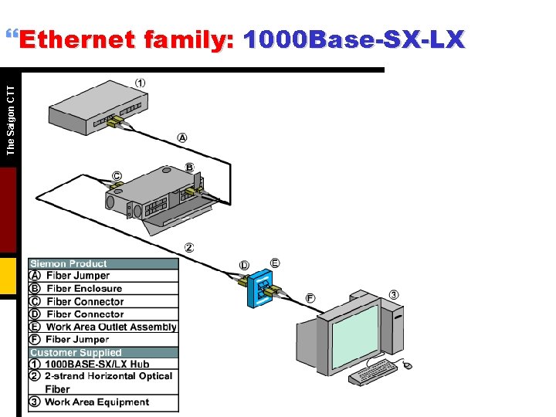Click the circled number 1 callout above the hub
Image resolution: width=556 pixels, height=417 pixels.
click(141, 83)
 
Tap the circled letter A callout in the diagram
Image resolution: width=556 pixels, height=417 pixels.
click(182, 137)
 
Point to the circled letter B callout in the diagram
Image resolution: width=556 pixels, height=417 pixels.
click(189, 167)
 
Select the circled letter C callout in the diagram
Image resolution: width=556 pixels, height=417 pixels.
click(117, 176)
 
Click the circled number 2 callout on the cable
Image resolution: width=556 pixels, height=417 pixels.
click(189, 248)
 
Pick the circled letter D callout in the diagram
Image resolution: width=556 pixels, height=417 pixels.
click(244, 266)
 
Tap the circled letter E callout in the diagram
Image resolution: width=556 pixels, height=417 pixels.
click(275, 263)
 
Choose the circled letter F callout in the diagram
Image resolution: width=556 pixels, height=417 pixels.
click(310, 298)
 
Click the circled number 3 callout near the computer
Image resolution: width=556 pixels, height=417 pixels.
click(394, 294)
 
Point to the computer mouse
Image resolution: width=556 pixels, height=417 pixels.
click(408, 364)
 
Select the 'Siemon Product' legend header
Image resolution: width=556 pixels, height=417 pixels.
click(69, 264)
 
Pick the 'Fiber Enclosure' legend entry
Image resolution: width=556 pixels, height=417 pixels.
click(83, 289)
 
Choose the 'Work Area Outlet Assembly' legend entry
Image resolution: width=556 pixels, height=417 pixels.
click(110, 327)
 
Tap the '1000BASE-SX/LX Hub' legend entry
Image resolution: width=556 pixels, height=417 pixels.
click(97, 364)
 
